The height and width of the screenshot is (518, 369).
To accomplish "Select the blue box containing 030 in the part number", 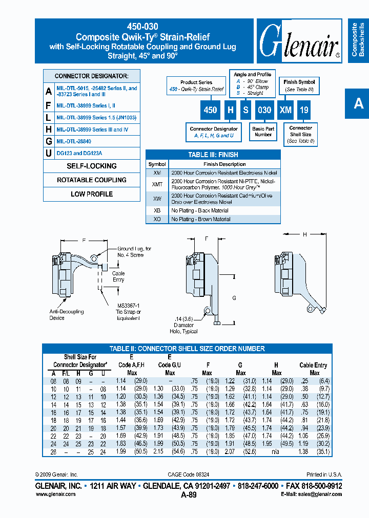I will point(263,110).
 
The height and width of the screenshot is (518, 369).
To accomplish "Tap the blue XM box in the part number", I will point(285,110).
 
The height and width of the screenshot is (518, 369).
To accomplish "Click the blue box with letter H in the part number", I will point(231,110).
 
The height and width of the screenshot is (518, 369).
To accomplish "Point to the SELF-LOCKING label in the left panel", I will point(92,166).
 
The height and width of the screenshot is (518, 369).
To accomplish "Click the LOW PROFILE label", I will point(92,194).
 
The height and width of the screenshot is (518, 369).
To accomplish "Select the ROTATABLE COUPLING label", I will point(92,180).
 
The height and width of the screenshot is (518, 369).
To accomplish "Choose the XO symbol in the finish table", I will point(157,219).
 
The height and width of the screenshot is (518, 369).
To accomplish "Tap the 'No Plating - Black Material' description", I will point(200,210).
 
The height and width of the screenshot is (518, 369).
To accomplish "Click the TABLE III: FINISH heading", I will point(213,155).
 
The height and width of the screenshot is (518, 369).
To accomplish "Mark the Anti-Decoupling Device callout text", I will point(66,315).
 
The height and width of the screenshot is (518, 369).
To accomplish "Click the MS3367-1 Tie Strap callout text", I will point(129,312).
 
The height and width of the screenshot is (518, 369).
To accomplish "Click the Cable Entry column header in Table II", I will point(314,365).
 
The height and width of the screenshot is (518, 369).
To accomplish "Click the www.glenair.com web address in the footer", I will point(56,494).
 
